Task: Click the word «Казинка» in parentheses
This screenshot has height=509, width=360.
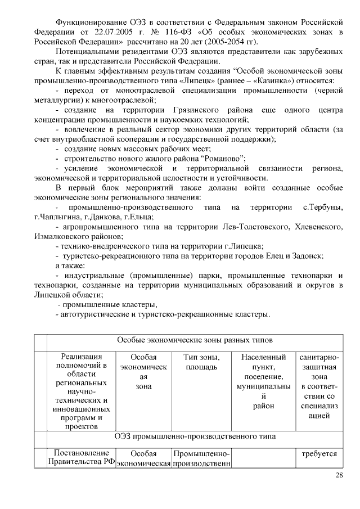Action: [263, 81]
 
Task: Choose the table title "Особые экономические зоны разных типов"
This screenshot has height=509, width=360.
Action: [195, 341]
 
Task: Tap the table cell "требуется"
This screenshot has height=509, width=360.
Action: [319, 453]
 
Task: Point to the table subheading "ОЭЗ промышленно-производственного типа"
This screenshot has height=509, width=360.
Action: [195, 436]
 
